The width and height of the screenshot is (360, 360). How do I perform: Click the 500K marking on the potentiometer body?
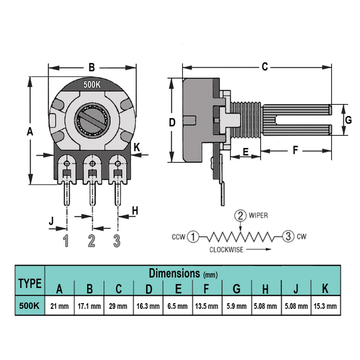pyautogui.click(x=92, y=84)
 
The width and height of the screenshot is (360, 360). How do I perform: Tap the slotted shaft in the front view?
pyautogui.click(x=92, y=120)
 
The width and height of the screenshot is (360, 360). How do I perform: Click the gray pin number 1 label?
pyautogui.click(x=66, y=241)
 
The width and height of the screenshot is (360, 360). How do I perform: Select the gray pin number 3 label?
pyautogui.click(x=117, y=241)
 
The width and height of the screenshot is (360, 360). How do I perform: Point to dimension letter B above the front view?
pyautogui.click(x=92, y=67)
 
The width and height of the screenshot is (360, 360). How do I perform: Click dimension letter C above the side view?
pyautogui.click(x=265, y=66)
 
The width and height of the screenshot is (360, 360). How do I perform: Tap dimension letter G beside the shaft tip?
pyautogui.click(x=348, y=120)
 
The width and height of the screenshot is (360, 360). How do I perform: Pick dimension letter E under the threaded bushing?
pyautogui.click(x=246, y=152)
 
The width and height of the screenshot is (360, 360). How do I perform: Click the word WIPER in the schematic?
pyautogui.click(x=258, y=215)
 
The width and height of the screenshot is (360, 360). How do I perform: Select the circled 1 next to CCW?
pyautogui.click(x=193, y=237)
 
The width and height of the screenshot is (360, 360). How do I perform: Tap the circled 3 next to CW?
pyautogui.click(x=288, y=236)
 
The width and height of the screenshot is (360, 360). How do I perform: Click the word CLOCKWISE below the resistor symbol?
pyautogui.click(x=226, y=250)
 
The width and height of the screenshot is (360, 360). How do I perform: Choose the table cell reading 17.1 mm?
pyautogui.click(x=89, y=306)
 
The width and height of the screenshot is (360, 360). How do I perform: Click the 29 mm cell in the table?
pyautogui.click(x=119, y=306)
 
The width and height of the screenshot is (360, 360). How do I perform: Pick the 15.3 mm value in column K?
pyautogui.click(x=325, y=306)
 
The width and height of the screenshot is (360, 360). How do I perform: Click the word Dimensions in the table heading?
pyautogui.click(x=174, y=273)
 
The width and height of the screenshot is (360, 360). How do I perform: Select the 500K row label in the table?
pyautogui.click(x=29, y=306)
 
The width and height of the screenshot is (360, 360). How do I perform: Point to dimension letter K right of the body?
pyautogui.click(x=137, y=147)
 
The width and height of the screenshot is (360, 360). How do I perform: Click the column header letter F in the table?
pyautogui.click(x=206, y=289)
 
